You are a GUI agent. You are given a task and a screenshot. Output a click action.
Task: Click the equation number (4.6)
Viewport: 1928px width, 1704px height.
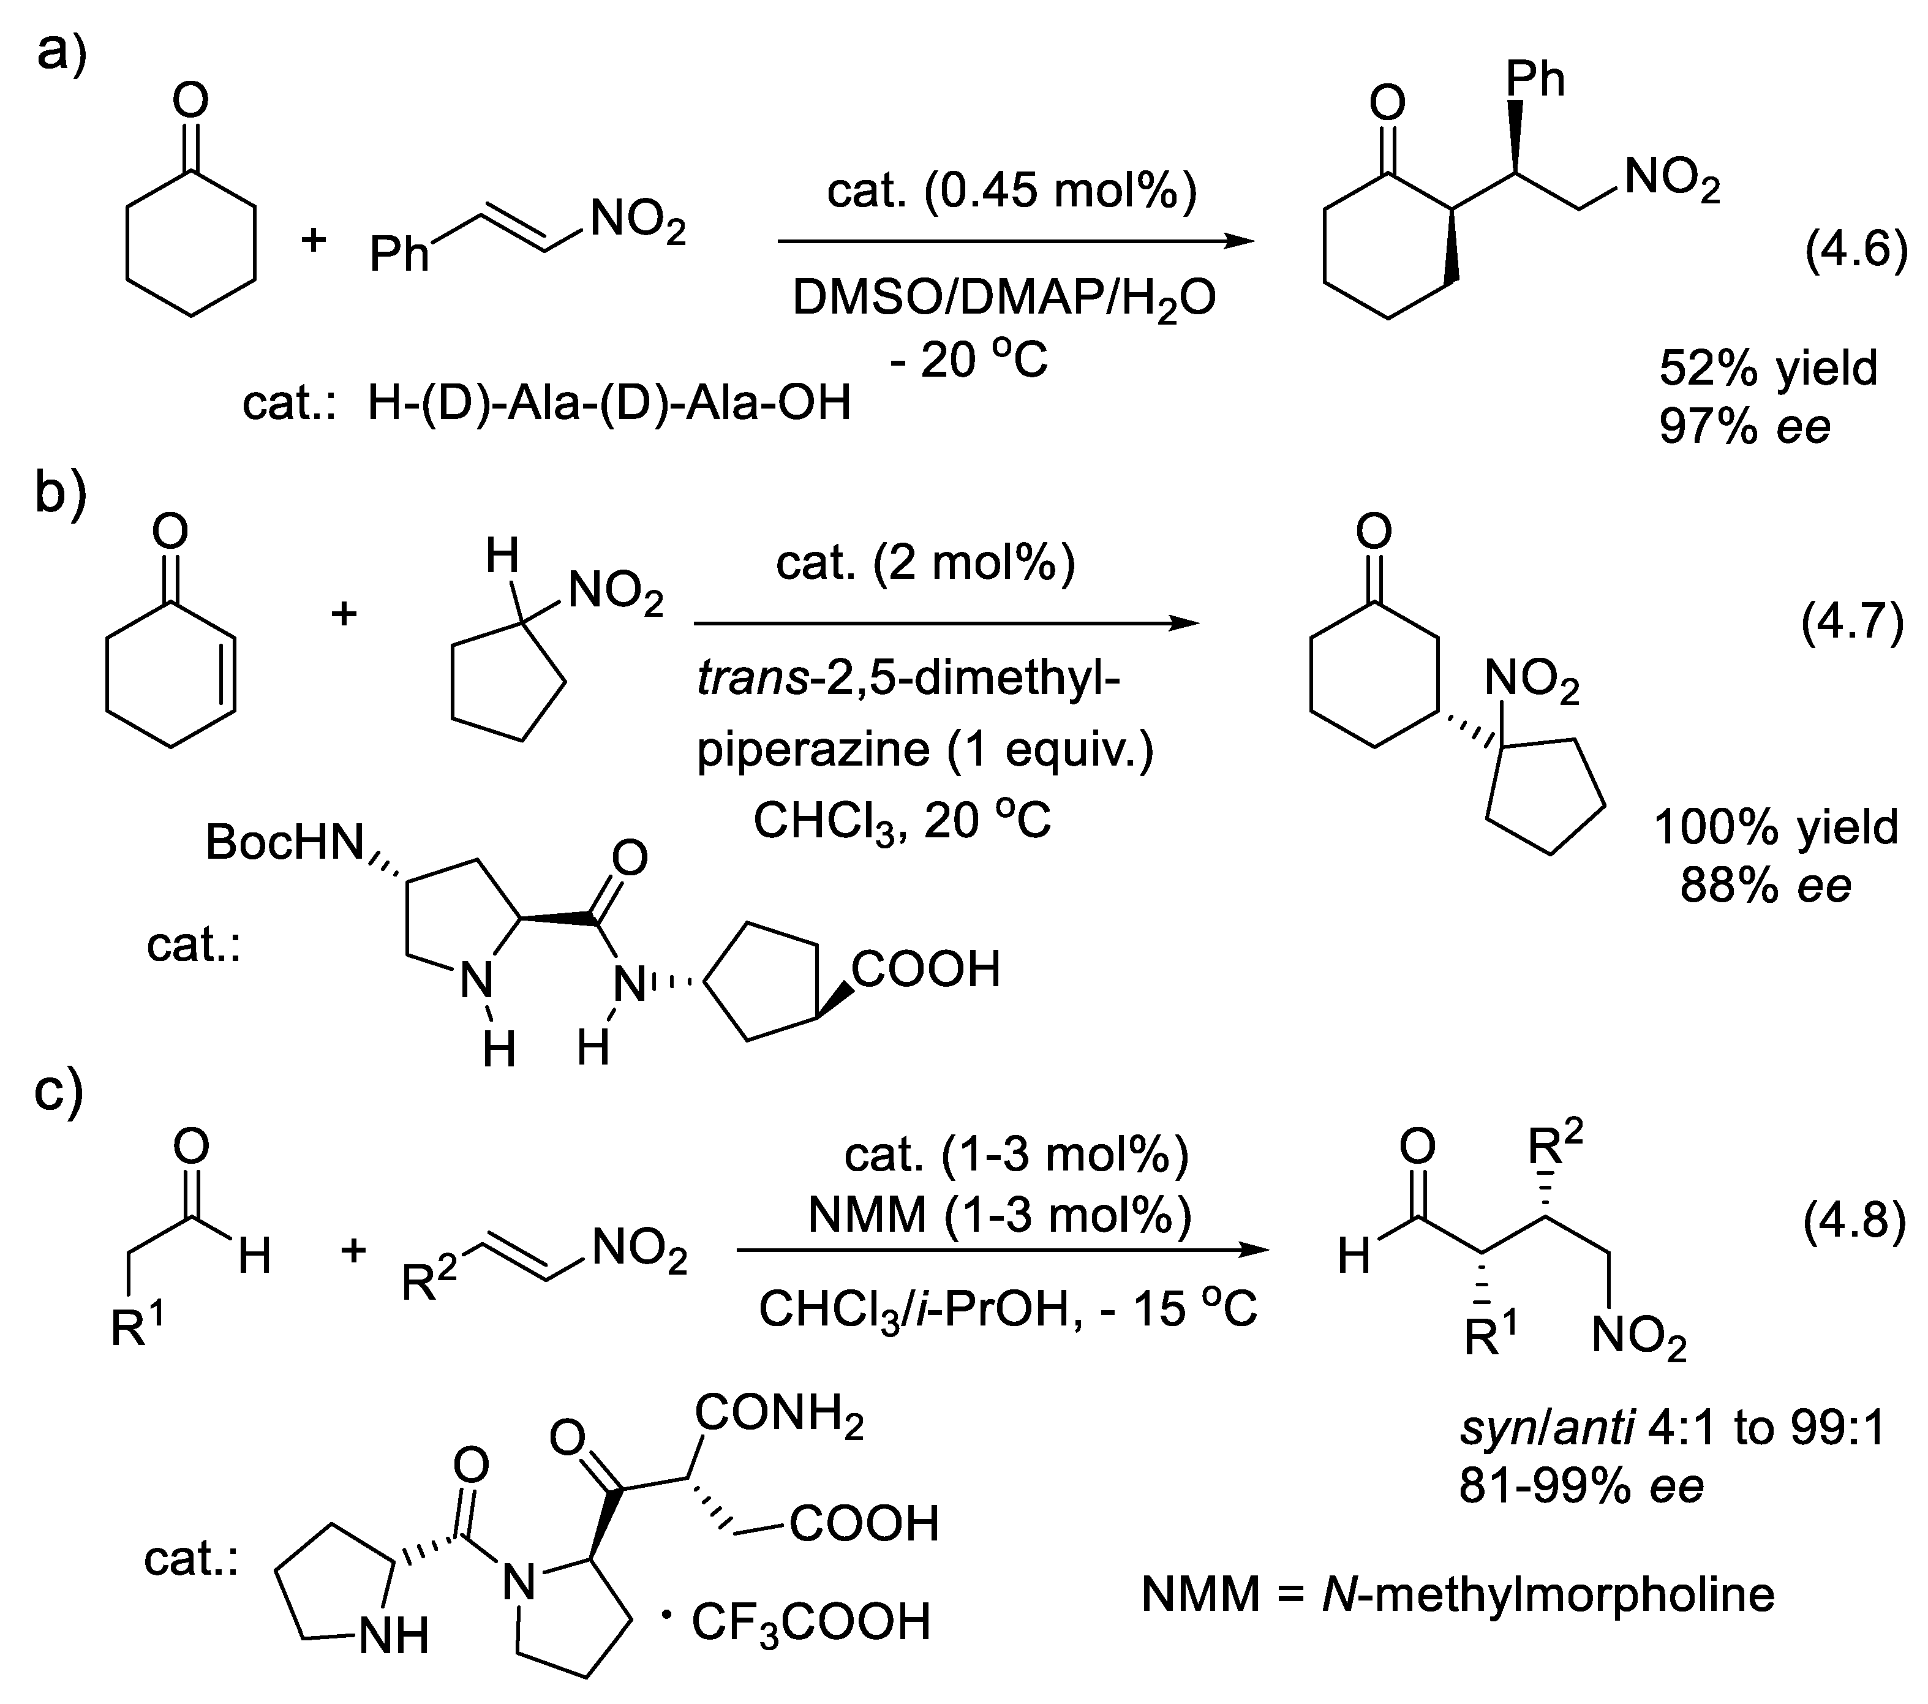[x=1855, y=253]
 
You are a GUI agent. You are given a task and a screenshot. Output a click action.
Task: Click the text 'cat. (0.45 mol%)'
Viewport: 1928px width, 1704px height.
[x=1011, y=192]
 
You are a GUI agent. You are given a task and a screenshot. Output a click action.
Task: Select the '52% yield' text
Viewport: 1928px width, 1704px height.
[x=1768, y=368]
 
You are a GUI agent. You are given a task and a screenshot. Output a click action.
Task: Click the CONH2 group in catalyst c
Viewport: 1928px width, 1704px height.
[x=779, y=1414]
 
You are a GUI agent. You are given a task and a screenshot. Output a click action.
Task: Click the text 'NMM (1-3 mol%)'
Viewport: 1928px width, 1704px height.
[x=1000, y=1215]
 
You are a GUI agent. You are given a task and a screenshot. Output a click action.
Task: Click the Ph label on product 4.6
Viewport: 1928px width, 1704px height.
[x=1535, y=79]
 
